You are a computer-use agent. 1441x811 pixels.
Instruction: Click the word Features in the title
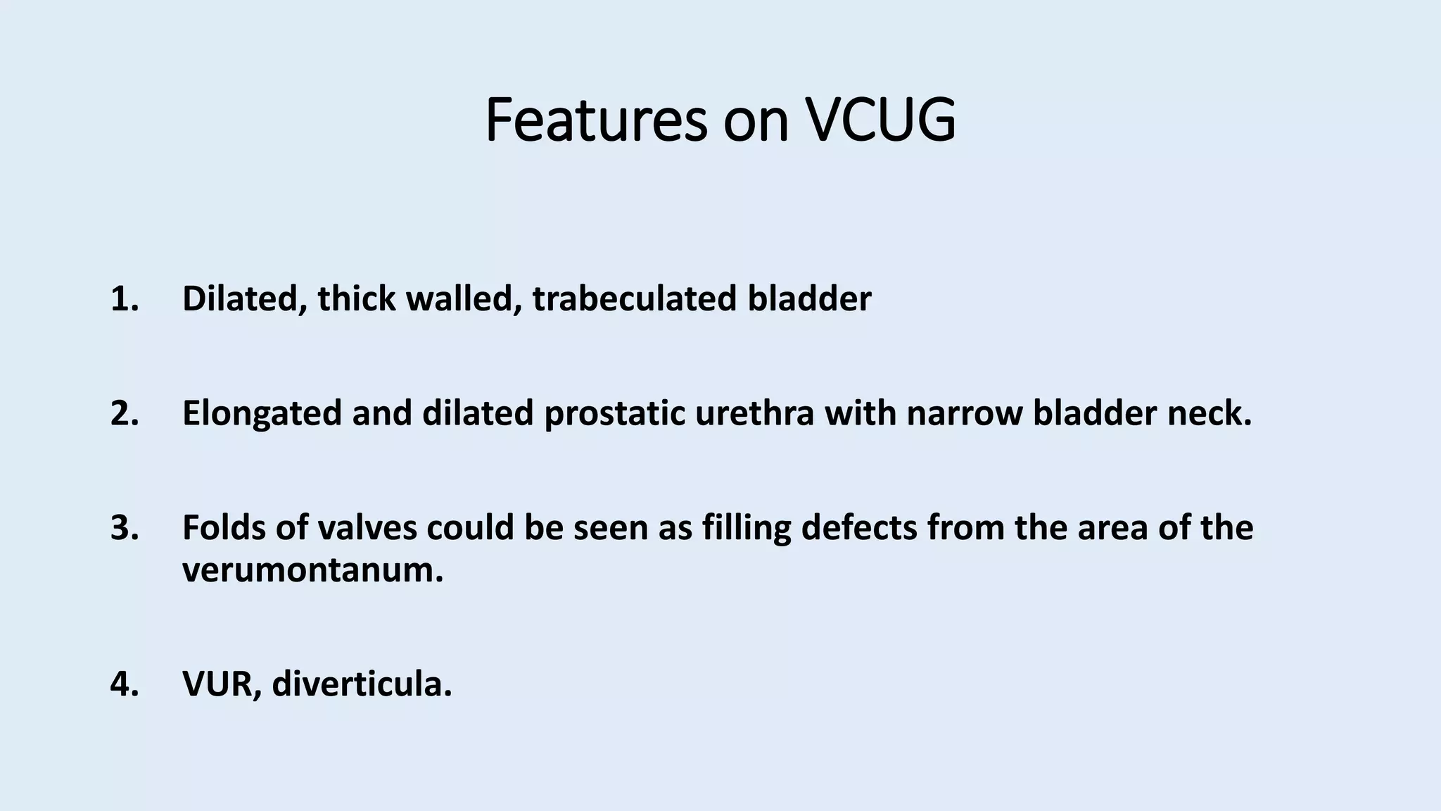595,120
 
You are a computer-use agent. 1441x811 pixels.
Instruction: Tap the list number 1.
125,299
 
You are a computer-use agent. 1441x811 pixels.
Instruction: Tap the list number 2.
125,413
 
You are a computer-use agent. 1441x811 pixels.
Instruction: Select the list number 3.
125,528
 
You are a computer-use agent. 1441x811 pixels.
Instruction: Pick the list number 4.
125,684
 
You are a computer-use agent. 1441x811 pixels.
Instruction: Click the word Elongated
262,413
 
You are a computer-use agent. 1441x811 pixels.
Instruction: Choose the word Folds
223,528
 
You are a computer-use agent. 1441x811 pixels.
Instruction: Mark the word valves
367,528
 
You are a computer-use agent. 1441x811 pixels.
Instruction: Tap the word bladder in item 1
809,299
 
